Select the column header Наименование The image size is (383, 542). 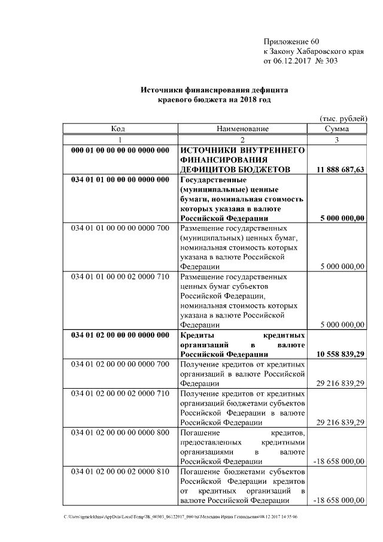[242, 129]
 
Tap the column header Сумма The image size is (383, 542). [337, 129]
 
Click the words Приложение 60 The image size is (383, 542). [291, 41]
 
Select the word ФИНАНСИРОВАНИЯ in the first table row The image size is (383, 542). [224, 160]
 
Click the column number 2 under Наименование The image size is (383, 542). [242, 139]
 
